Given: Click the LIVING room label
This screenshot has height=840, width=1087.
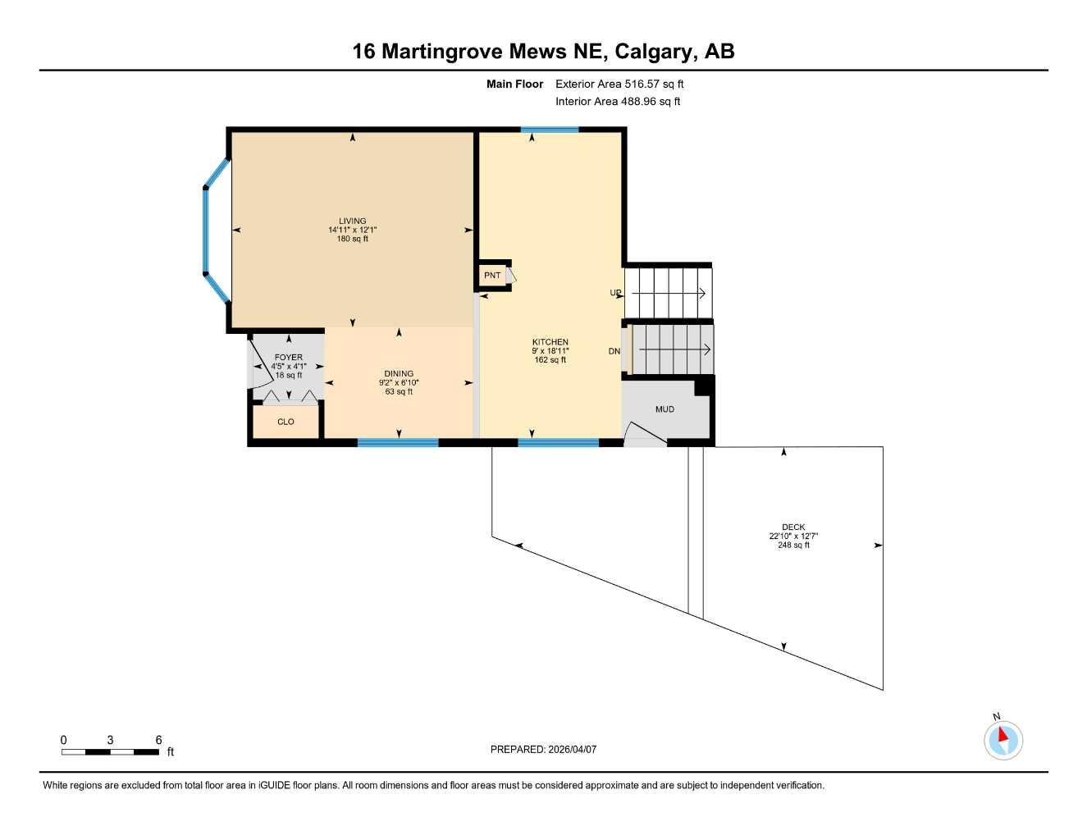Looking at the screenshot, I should pos(352,221).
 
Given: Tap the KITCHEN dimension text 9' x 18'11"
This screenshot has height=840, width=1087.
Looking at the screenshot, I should pos(550,351).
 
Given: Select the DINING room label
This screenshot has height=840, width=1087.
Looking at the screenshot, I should pos(399,374).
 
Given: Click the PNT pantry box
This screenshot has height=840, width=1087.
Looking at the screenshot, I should pos(492,276).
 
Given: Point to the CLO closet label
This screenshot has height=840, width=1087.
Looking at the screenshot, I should pos(285,422).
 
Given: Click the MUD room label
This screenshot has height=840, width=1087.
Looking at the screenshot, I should pos(665,409).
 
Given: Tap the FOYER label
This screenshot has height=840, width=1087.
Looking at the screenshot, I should pos(288,358).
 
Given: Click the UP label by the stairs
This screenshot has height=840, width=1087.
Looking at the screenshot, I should pos(615,293).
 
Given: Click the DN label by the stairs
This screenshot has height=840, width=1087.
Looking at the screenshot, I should pos(614,351).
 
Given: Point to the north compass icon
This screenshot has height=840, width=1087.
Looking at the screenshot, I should pos(1003,740).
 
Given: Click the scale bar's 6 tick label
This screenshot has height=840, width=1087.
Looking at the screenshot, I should pos(158,740).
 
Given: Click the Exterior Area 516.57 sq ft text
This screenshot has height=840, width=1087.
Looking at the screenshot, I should pos(619,84).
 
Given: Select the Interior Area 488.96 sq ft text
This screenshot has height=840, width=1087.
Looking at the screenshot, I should pos(618,102).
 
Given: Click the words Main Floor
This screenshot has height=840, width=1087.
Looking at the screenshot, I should pos(514,84).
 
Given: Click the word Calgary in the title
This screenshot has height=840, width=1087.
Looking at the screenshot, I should pos(655,52).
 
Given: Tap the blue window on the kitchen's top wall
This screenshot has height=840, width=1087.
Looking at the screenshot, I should pos(550,130).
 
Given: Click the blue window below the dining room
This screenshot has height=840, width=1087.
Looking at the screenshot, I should pos(398,443).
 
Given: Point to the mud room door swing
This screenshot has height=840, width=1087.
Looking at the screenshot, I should pos(645,435).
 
